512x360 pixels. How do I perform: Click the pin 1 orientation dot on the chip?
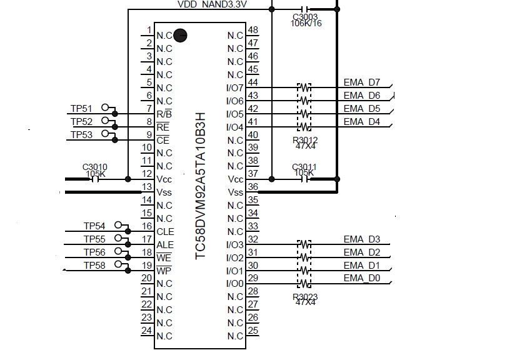click(180, 36)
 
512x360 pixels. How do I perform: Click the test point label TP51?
click(81, 109)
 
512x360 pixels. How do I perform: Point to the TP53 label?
click(81, 135)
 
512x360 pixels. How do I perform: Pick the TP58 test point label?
click(94, 266)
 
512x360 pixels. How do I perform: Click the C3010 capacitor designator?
click(95, 167)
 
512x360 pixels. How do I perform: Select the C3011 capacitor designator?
click(305, 167)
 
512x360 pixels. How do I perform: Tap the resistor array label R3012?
click(305, 141)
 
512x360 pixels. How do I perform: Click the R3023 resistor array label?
click(305, 297)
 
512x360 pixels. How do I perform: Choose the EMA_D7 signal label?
click(362, 82)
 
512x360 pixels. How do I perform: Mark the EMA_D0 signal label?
click(362, 277)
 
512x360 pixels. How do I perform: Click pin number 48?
click(253, 30)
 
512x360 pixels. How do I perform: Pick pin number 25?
click(253, 330)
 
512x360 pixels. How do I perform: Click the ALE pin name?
click(166, 245)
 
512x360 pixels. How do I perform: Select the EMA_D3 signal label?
click(362, 239)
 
